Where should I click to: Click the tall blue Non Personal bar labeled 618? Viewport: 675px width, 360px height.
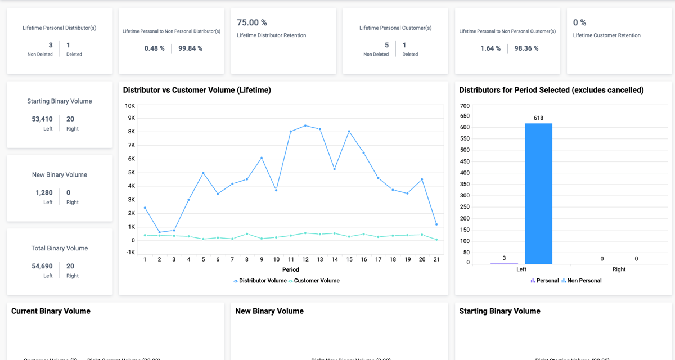(x=538, y=193)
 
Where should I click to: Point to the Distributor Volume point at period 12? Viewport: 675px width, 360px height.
(x=305, y=125)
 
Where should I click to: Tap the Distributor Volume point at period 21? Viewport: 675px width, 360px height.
(x=436, y=224)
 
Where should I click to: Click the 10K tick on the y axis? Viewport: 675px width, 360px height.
(x=130, y=106)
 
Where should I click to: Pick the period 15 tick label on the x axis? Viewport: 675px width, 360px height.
(x=349, y=259)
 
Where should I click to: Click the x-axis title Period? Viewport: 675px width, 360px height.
(x=291, y=269)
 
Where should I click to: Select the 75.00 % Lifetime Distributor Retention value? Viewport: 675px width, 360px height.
(x=252, y=22)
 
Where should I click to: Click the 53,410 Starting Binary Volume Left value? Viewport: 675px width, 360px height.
(x=42, y=119)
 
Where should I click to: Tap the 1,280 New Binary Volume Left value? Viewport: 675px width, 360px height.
(x=44, y=193)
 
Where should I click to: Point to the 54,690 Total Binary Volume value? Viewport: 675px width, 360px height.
(x=42, y=266)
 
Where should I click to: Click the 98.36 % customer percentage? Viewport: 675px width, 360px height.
(x=526, y=48)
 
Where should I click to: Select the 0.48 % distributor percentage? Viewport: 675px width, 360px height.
(x=155, y=48)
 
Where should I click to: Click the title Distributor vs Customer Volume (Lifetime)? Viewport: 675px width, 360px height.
(x=197, y=90)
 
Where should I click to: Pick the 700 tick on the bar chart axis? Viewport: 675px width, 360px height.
(x=465, y=106)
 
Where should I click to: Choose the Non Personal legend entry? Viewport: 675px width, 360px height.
(x=584, y=281)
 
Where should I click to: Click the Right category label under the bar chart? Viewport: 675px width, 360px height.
(x=619, y=269)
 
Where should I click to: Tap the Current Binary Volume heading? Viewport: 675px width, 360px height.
(x=51, y=311)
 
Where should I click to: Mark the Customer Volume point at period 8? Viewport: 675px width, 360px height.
(x=247, y=234)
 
